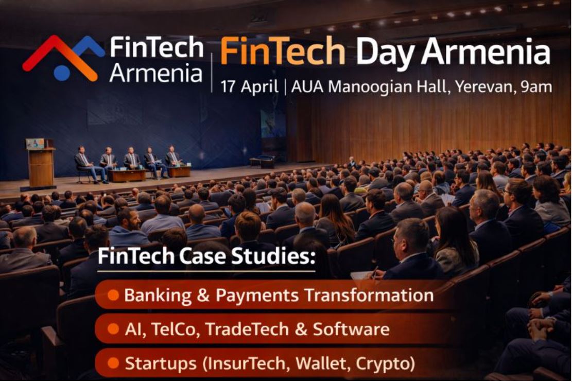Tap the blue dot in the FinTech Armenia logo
[62, 73]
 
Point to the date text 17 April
[249, 86]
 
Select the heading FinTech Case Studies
[206, 256]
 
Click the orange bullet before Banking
[113, 295]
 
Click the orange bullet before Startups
[113, 363]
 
